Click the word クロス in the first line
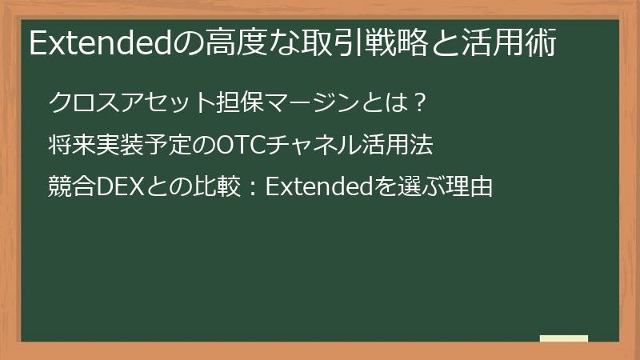[83, 103]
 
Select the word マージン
[303, 103]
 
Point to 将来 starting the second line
[68, 146]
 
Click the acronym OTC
[242, 146]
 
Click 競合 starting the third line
[68, 188]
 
